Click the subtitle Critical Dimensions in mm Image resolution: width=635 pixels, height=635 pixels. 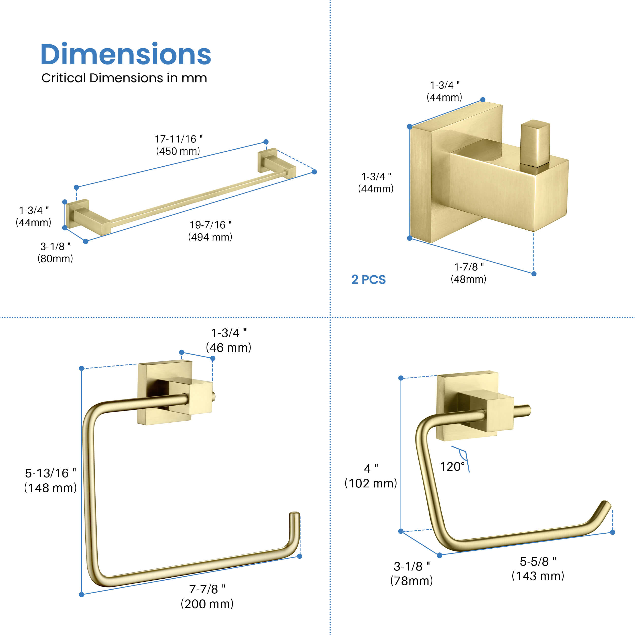tap(124, 78)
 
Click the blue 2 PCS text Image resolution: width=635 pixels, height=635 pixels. tap(369, 280)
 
